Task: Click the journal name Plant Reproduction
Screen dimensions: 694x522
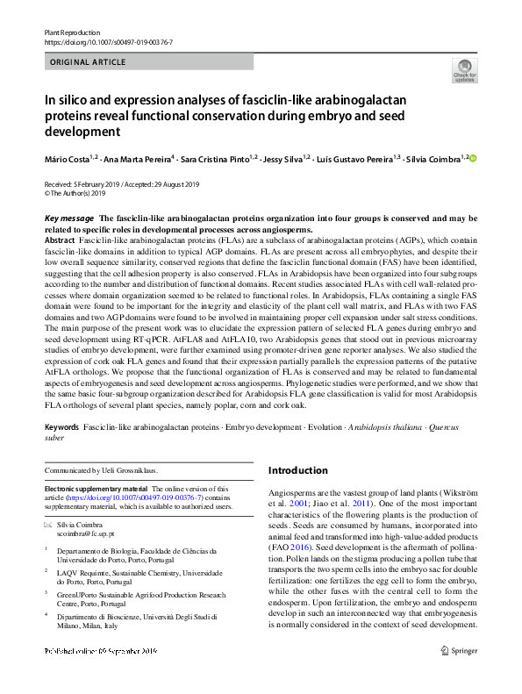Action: coord(72,32)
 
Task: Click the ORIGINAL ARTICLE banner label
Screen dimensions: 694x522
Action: coord(87,62)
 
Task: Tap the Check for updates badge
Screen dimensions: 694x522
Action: coord(463,70)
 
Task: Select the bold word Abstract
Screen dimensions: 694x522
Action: coord(60,240)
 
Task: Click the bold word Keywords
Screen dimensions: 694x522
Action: coord(62,426)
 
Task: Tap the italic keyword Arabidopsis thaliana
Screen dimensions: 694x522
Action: coord(389,426)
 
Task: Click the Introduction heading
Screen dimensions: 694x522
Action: coord(302,470)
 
